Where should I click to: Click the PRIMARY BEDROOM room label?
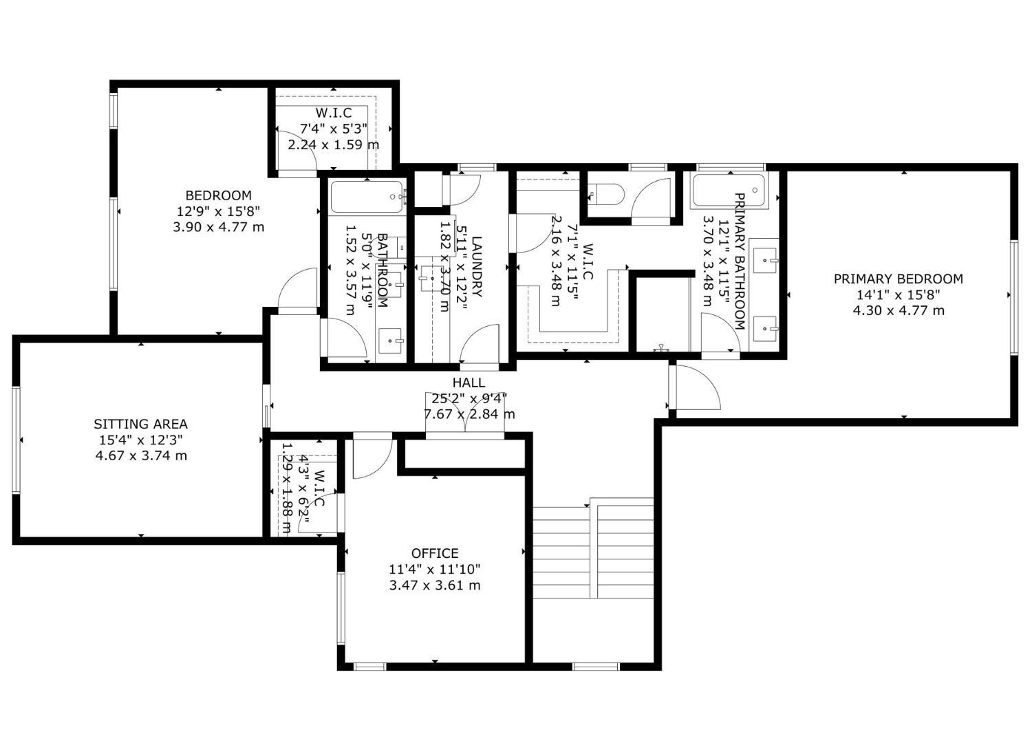pyautogui.click(x=898, y=279)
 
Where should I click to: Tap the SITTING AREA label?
pyautogui.click(x=140, y=424)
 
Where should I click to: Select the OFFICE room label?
pyautogui.click(x=434, y=553)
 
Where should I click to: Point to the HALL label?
pyautogui.click(x=469, y=383)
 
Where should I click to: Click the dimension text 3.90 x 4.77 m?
pyautogui.click(x=218, y=227)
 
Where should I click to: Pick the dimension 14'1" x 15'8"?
pyautogui.click(x=898, y=294)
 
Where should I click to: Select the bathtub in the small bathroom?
pyautogui.click(x=367, y=197)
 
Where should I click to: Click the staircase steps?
pyautogui.click(x=593, y=548)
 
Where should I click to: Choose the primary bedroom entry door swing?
pyautogui.click(x=694, y=387)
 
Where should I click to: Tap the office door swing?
pyautogui.click(x=372, y=458)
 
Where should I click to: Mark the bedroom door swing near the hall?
pyautogui.click(x=298, y=291)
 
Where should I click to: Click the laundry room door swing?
pyautogui.click(x=480, y=345)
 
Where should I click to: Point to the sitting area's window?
pyautogui.click(x=16, y=440)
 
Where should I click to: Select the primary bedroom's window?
pyautogui.click(x=1015, y=297)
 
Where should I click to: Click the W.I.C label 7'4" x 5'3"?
pyautogui.click(x=334, y=128)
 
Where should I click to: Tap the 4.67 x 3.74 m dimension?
pyautogui.click(x=141, y=455)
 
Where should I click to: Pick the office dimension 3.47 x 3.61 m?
pyautogui.click(x=434, y=585)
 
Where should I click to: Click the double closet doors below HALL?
pyautogui.click(x=465, y=413)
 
